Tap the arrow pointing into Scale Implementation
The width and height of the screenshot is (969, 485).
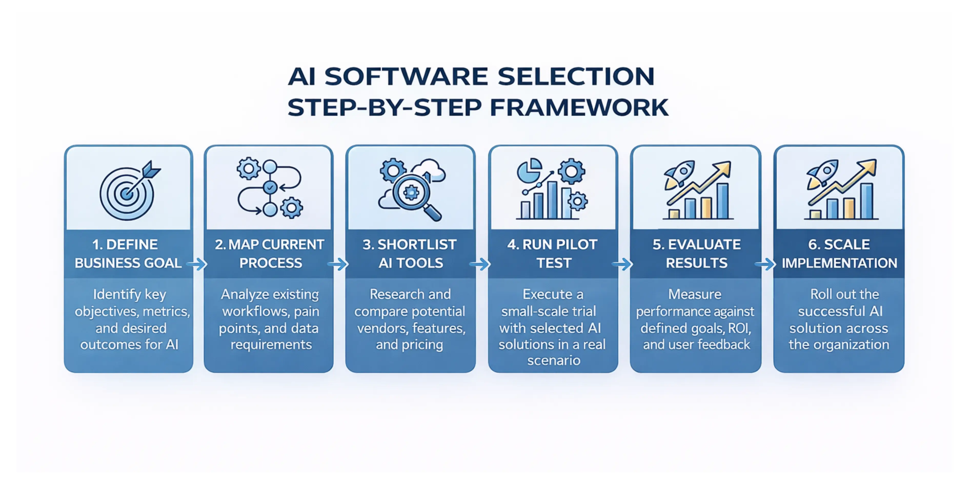765,264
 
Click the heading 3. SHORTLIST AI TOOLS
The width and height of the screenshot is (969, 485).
410,254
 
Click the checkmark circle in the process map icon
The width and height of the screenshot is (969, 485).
270,187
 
